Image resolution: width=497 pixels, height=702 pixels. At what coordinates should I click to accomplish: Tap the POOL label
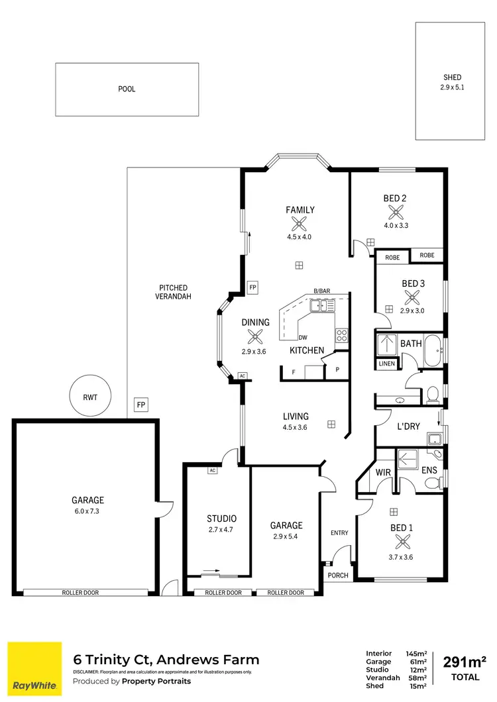pyautogui.click(x=127, y=89)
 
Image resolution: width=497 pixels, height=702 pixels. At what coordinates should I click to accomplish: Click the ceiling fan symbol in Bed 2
pyautogui.click(x=396, y=212)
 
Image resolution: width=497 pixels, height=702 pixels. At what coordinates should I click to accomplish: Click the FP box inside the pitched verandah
pyautogui.click(x=140, y=404)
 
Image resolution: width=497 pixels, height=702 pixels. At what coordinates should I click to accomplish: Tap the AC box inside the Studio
pyautogui.click(x=213, y=471)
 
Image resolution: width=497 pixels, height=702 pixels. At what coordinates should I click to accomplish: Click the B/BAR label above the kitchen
pyautogui.click(x=322, y=291)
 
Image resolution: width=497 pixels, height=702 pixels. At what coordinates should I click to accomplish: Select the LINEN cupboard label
pyautogui.click(x=386, y=364)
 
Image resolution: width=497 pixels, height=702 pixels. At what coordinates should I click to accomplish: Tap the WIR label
pyautogui.click(x=383, y=472)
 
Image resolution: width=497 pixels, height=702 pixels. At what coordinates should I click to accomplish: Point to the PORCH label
pyautogui.click(x=338, y=576)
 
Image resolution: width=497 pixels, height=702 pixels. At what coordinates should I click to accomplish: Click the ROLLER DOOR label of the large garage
pyautogui.click(x=80, y=593)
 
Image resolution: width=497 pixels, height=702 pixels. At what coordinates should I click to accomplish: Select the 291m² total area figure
pyautogui.click(x=464, y=662)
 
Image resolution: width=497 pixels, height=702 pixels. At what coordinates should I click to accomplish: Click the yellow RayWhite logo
pyautogui.click(x=34, y=669)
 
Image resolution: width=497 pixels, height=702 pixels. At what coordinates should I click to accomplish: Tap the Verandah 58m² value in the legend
pyautogui.click(x=416, y=677)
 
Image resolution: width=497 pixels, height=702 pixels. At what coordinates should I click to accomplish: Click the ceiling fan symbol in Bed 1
pyautogui.click(x=401, y=541)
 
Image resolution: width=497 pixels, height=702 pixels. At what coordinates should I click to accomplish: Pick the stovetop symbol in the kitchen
pyautogui.click(x=342, y=334)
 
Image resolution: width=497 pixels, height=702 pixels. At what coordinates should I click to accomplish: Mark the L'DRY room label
pyautogui.click(x=408, y=426)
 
